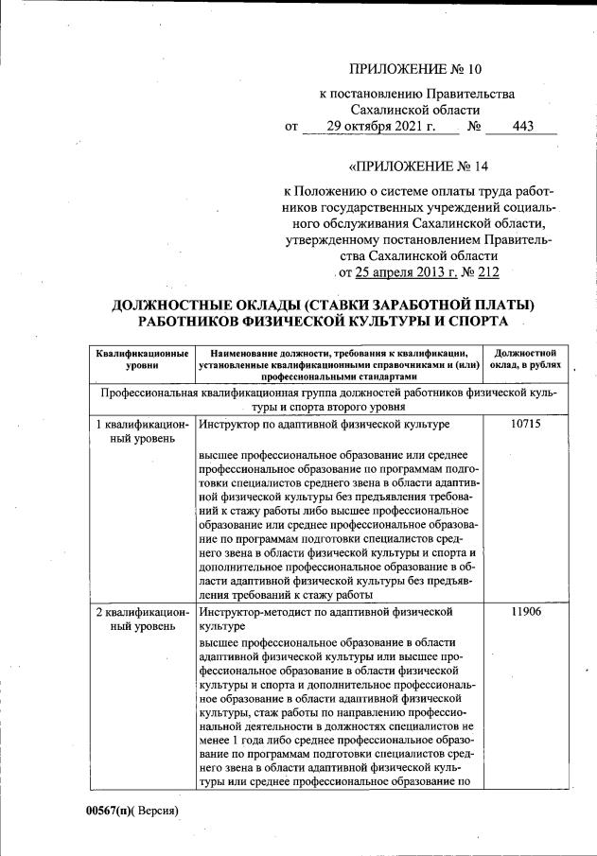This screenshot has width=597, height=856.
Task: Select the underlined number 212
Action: [488, 272]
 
